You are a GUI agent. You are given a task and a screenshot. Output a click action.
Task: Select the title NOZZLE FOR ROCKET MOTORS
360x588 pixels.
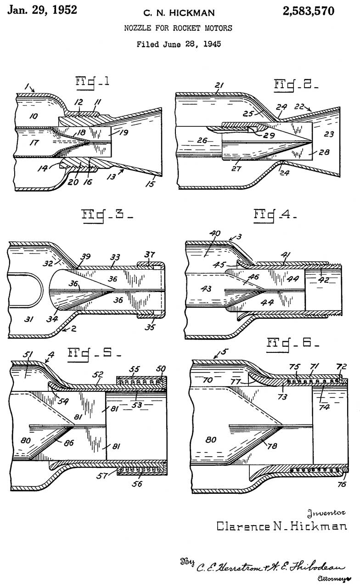point(178,28)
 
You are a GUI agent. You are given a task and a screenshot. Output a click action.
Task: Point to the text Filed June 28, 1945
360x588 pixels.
point(179,45)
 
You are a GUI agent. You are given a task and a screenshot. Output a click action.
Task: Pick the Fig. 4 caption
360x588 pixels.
point(275,215)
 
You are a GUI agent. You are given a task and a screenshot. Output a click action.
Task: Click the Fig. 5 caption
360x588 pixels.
point(95,354)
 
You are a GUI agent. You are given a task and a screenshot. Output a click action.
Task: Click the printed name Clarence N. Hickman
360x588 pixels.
point(281,526)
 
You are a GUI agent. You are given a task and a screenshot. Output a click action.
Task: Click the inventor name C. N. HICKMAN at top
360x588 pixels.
point(178,12)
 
